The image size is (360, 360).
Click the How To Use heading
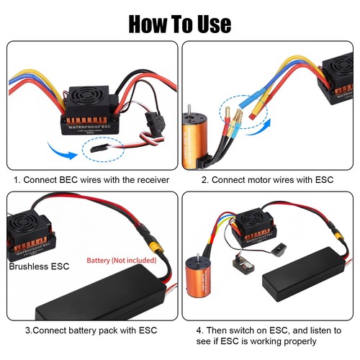(x=180, y=23)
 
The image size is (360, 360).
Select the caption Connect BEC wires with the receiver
(x=91, y=179)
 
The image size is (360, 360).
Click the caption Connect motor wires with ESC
(x=266, y=179)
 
